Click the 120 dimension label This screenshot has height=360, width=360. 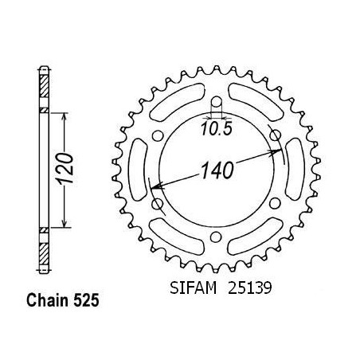tap(65, 168)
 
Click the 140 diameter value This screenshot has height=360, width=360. tap(217, 170)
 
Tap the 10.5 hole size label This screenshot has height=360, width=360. tap(217, 129)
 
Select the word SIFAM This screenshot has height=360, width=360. tap(193, 288)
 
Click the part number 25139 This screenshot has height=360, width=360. tap(250, 288)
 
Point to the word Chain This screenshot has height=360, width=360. tap(47, 300)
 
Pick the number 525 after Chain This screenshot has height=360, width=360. tap(86, 300)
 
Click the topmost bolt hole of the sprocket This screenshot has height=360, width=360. tap(217, 102)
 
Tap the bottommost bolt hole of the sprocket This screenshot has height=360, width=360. tap(216, 237)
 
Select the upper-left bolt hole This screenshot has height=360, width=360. tap(158, 135)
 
